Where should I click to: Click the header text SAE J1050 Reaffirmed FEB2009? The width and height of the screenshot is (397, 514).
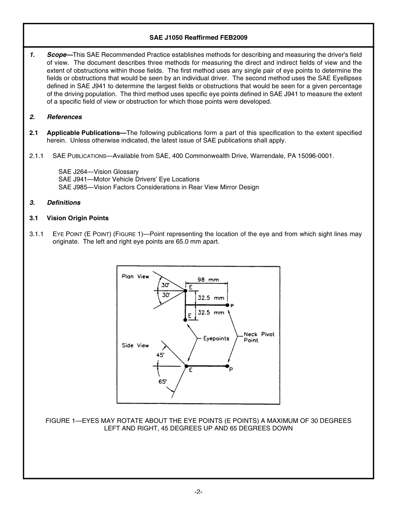pos(198,37)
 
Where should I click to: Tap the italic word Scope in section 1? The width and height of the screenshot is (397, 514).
pos(56,55)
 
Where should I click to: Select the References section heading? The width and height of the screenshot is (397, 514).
pos(64,117)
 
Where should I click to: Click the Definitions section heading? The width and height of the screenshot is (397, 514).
pos(64,203)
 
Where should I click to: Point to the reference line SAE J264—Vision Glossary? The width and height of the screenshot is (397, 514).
pos(98,172)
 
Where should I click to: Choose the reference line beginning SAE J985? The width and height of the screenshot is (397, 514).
pos(158,187)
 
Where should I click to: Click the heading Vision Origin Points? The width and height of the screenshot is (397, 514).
pos(77,218)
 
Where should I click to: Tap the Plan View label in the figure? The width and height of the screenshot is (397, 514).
pos(135,277)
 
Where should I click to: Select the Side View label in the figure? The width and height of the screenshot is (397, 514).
pos(135,346)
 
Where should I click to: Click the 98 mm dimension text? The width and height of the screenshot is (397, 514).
pos(208,280)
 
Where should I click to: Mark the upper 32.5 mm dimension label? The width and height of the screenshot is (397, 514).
pos(211,298)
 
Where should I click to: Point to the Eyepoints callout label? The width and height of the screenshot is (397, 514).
pos(216,338)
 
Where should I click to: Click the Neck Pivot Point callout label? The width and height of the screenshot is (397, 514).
pos(259,337)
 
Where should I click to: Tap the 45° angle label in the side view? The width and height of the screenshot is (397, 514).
pos(160,355)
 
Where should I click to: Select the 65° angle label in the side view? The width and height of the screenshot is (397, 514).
pos(163,381)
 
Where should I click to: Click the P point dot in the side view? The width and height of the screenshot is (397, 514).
pos(227,366)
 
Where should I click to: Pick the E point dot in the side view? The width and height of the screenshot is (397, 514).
pos(186,366)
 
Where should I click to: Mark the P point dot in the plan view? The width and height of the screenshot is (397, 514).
pos(227,305)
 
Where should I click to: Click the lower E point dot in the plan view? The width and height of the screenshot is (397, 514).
pos(186,320)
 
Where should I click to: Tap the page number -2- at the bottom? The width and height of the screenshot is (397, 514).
pos(198,492)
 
